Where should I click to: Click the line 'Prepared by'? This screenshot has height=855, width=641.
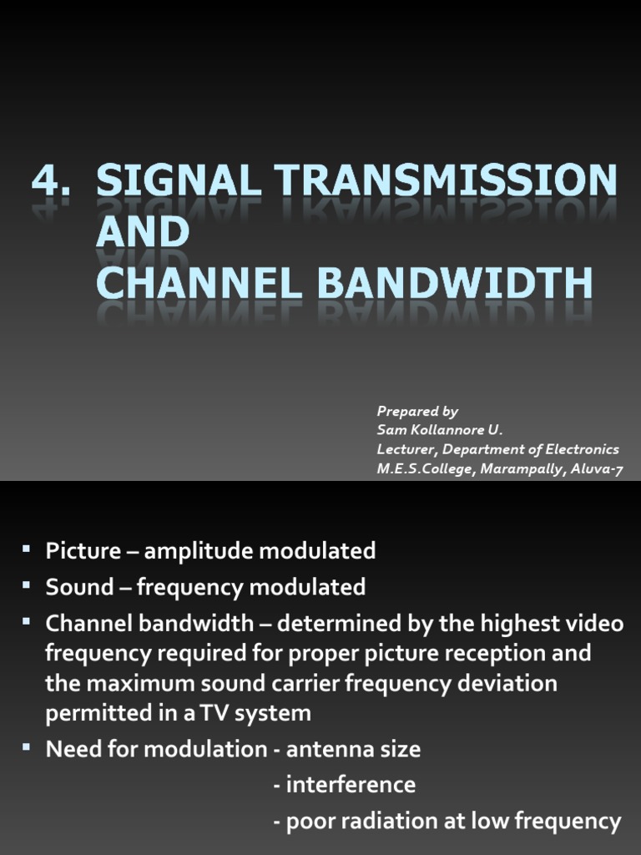coord(417,411)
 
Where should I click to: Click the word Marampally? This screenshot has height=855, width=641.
coord(522,468)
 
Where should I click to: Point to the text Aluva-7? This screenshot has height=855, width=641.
coord(597,468)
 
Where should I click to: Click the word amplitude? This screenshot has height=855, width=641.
coord(198,551)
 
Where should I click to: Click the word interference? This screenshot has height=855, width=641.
coord(351,785)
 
